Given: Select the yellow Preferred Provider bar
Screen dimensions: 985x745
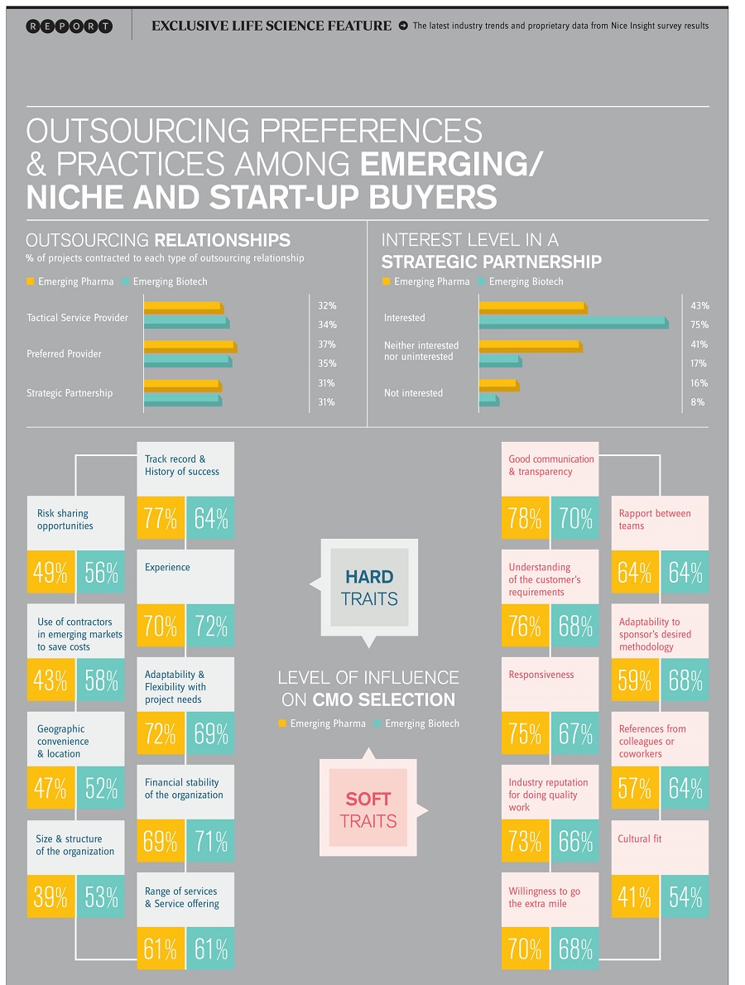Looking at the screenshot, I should (x=190, y=346).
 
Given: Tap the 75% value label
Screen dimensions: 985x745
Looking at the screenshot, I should (x=699, y=324).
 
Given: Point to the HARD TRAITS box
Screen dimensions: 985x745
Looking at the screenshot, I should (x=369, y=587).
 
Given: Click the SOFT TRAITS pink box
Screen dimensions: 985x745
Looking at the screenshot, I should (x=368, y=810).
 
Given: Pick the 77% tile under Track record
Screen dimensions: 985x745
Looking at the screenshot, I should (x=161, y=518).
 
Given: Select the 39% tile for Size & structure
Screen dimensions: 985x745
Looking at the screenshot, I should (x=50, y=896).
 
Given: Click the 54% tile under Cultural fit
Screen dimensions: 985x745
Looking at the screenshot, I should (x=685, y=896).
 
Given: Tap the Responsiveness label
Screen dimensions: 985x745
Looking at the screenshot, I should (x=541, y=675).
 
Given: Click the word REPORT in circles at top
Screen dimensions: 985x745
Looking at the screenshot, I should (x=70, y=26).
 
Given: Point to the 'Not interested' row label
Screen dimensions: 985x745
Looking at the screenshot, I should (x=413, y=393).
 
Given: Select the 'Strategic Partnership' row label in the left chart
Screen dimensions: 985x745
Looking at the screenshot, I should (x=70, y=393).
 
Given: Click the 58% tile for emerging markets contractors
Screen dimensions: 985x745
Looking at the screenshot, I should (x=101, y=680).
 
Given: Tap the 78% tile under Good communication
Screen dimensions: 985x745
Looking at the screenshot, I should (x=525, y=518).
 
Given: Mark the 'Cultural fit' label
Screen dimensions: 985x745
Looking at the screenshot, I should (x=640, y=838).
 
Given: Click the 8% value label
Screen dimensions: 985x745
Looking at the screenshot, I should (x=698, y=402).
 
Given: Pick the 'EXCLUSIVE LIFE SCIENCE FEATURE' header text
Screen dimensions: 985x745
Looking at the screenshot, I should (x=272, y=26).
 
